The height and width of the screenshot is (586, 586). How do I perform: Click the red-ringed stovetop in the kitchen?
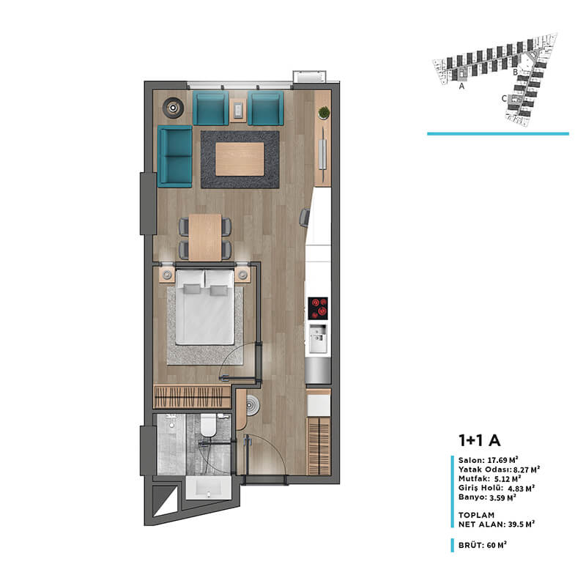pos(318,308)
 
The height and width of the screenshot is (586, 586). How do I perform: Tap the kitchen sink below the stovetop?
pos(318,338)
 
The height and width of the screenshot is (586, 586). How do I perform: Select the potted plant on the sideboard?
pos(324,113)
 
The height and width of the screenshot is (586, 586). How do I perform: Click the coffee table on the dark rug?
pos(240,159)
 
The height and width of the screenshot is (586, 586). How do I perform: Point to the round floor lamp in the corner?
pos(173,108)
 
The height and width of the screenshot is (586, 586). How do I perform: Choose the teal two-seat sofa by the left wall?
pos(175,157)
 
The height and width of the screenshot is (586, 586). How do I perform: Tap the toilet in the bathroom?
pos(208,425)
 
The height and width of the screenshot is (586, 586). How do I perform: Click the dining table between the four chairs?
pos(205,237)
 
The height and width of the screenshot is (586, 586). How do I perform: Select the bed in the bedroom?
pos(205,307)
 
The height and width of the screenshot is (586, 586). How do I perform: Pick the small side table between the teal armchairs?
pos(238,110)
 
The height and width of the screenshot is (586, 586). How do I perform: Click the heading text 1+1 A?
pos(479,440)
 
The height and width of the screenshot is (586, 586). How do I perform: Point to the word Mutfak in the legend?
pos(473,479)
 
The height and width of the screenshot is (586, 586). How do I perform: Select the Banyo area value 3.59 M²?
pos(502,497)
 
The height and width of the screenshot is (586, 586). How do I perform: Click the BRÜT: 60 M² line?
pos(483,545)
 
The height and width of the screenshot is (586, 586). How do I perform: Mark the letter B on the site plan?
pos(515,72)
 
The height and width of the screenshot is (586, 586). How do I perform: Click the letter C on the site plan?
pos(504,98)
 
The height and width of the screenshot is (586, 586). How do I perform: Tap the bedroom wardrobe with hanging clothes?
pos(193,397)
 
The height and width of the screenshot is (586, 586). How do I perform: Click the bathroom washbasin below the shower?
pos(209,487)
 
